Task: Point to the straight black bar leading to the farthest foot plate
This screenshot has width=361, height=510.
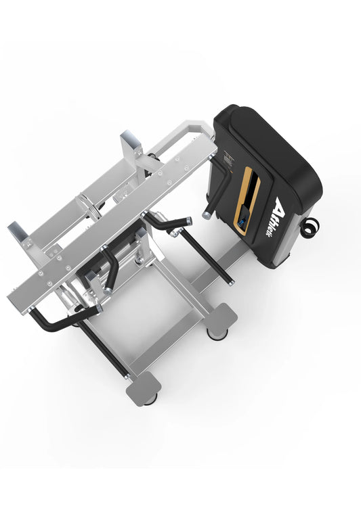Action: (102, 348)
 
